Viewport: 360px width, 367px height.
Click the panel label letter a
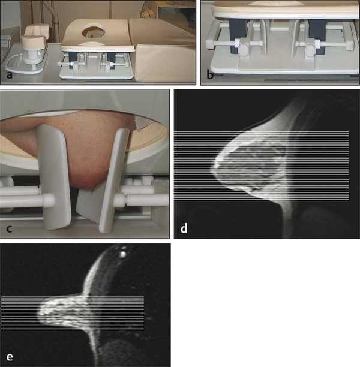pos(10,75)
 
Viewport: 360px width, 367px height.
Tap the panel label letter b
pos(210,75)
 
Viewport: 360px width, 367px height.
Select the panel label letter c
pos(9,228)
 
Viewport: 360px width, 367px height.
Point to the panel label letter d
pos(184,228)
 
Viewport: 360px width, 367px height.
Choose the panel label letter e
pos(10,357)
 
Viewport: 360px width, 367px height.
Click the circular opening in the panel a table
pos(93,32)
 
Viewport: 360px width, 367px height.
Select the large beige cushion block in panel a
pos(163,49)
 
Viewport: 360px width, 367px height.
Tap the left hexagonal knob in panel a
pos(76,66)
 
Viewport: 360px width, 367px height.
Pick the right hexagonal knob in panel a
pos(107,66)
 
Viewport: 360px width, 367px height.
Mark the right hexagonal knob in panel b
pos(310,48)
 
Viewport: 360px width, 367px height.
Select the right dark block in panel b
pos(317,35)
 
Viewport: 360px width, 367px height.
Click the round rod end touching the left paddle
pos(49,200)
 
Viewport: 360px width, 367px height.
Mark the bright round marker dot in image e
pos(122,254)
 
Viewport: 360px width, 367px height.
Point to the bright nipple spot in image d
pos(216,166)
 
